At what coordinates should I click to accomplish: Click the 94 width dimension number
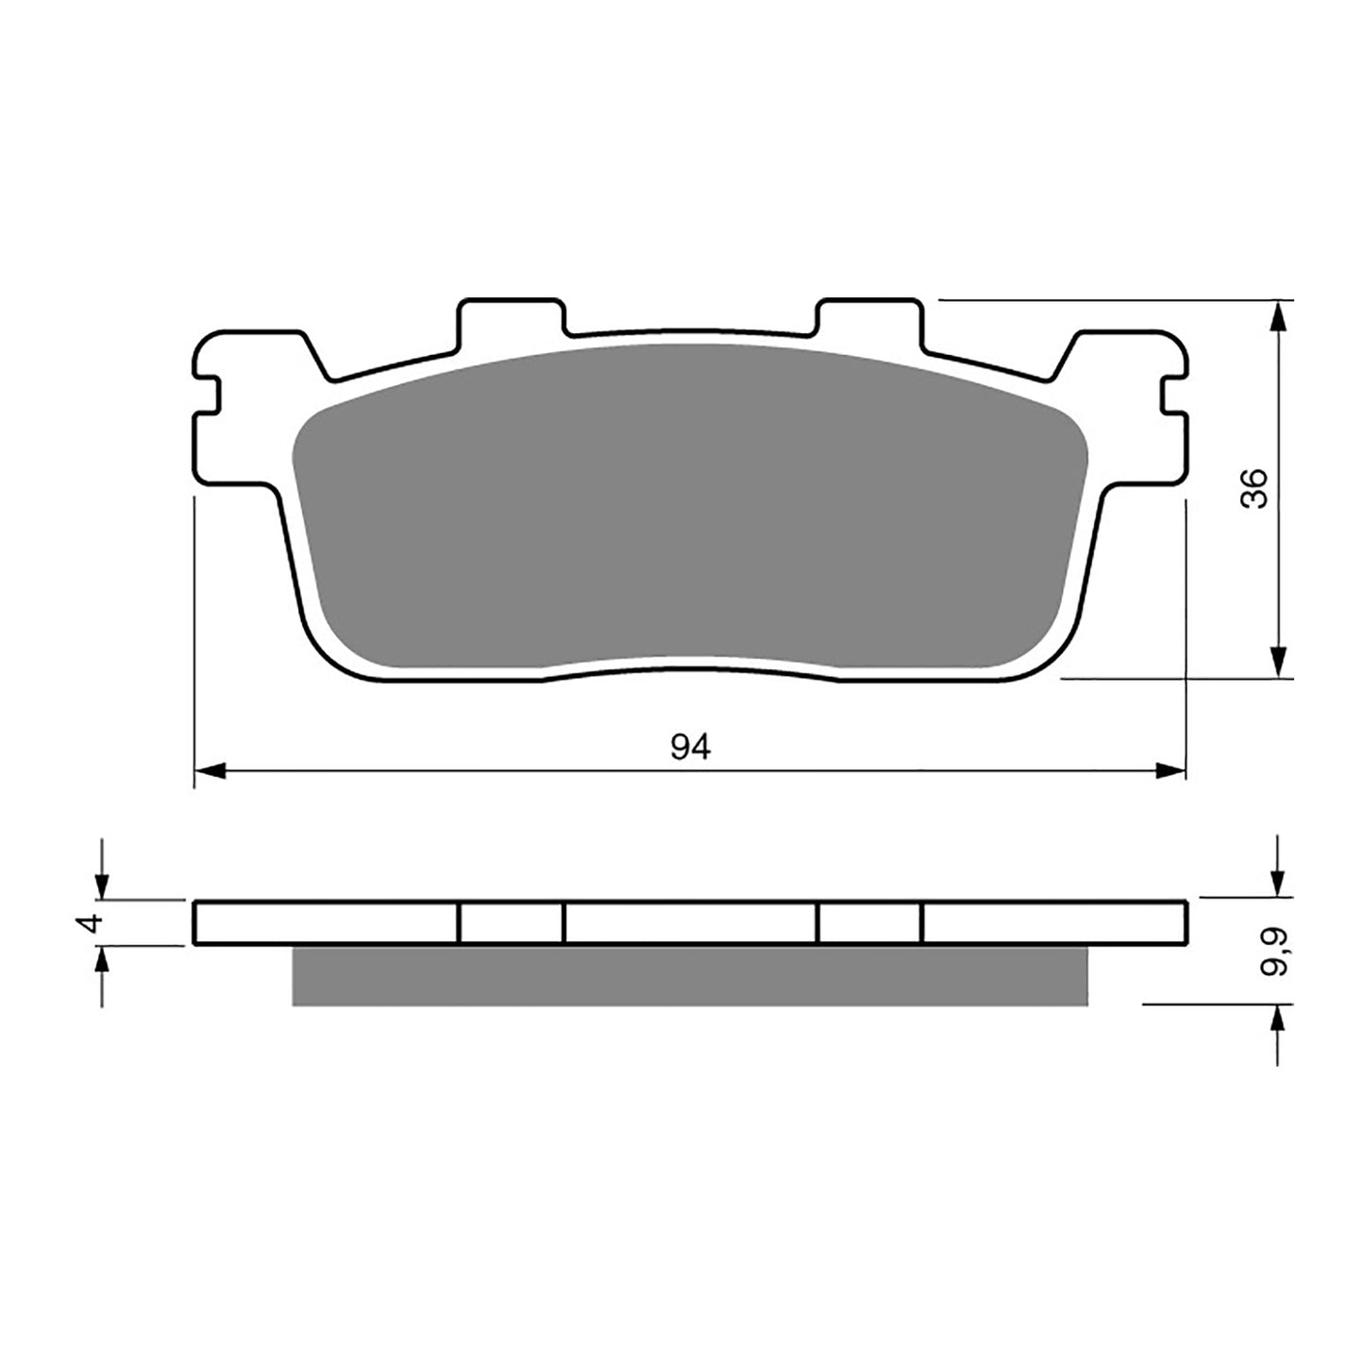(690, 747)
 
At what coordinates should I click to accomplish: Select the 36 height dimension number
(1255, 488)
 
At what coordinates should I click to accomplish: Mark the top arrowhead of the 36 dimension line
(1277, 316)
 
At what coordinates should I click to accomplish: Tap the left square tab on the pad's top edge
(511, 321)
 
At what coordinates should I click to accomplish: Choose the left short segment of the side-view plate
(511, 923)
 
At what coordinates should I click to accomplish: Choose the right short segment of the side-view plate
(869, 923)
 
